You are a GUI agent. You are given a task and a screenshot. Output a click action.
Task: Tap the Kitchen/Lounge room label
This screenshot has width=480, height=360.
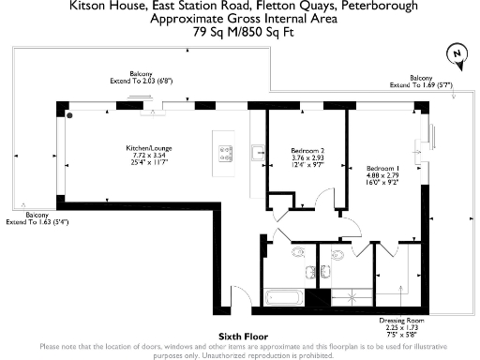pos(149,148)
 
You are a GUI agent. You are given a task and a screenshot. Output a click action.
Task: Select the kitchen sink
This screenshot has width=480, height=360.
pos(258,150)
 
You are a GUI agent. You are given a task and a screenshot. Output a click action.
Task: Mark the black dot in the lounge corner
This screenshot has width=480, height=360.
pos(69,115)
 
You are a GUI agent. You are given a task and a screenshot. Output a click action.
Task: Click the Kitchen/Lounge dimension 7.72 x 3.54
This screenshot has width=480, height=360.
pos(149,157)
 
